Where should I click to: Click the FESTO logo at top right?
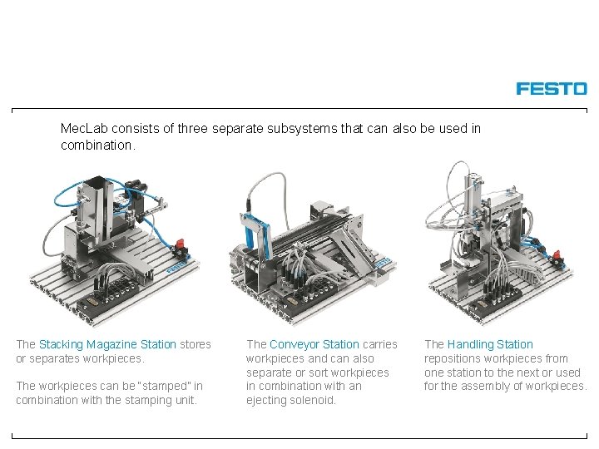click(x=551, y=88)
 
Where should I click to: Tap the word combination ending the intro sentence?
click(x=95, y=145)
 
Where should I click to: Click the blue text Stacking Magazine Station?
click(x=107, y=344)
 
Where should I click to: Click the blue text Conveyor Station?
click(x=314, y=344)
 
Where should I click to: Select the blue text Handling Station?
click(x=490, y=344)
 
